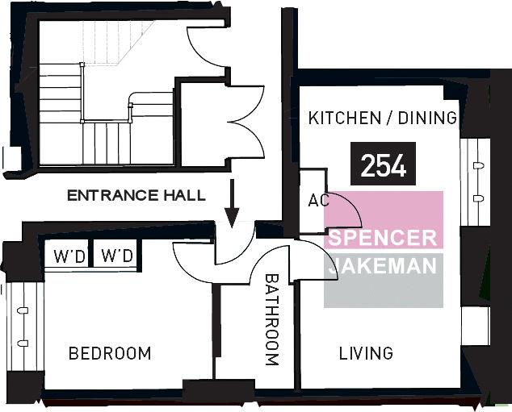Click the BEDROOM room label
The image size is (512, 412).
tap(110, 353)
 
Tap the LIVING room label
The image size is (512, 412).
tap(366, 353)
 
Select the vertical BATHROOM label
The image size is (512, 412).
tap(271, 320)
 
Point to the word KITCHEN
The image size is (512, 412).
tap(345, 118)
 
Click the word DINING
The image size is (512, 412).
tap(427, 118)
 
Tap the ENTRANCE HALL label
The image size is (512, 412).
tap(136, 196)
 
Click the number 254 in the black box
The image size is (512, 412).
tap(383, 165)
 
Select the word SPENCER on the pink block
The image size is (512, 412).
tap(382, 238)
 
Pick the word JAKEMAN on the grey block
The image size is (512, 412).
tap(382, 265)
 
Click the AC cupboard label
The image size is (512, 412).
tap(318, 201)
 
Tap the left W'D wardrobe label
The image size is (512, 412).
tap(69, 256)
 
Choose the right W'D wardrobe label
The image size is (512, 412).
tap(117, 256)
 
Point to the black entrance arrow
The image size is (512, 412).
tap(232, 202)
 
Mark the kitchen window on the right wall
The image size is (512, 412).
tap(475, 182)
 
